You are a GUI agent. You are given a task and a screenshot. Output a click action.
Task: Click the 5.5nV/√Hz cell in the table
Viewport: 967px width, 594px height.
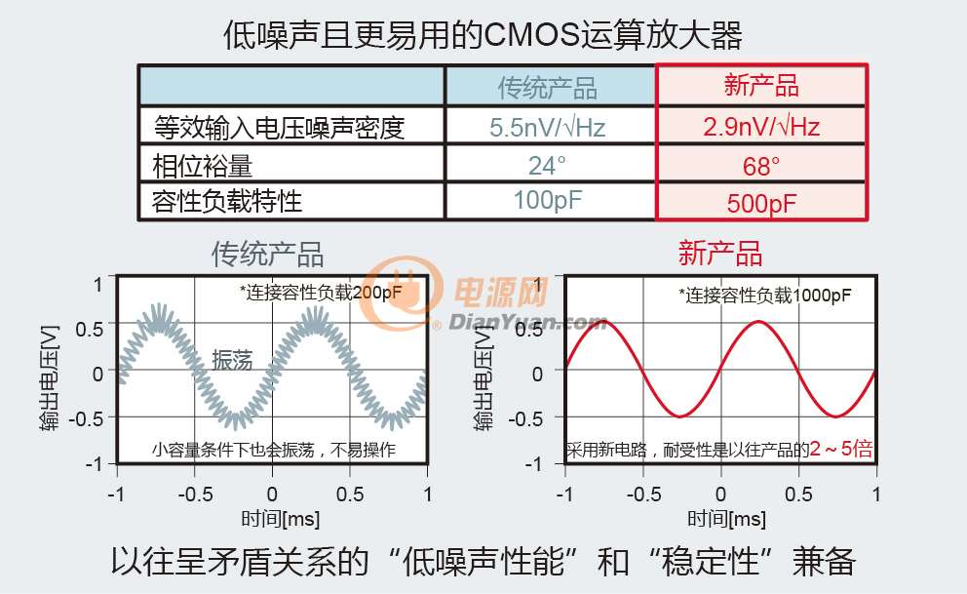[548, 127]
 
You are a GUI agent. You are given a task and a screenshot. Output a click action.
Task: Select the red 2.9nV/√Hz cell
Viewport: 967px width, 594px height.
[761, 127]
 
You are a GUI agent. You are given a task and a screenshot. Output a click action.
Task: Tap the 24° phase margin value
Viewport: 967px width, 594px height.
[547, 165]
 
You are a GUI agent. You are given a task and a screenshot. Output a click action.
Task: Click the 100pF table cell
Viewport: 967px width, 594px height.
[548, 200]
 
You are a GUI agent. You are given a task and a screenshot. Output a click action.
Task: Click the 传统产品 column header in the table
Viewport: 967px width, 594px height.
[548, 88]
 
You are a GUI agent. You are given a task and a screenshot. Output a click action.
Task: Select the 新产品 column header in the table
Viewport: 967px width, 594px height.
[761, 85]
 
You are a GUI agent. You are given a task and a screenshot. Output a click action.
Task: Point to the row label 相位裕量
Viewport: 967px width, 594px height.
[203, 166]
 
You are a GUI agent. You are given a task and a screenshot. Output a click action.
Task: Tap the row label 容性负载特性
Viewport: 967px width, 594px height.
[227, 201]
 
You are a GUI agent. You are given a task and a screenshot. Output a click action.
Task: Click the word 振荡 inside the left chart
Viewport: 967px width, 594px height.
[233, 360]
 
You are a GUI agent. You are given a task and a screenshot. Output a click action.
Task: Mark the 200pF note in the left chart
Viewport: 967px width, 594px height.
[321, 293]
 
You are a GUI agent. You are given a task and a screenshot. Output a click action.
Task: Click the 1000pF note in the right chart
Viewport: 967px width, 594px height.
[764, 296]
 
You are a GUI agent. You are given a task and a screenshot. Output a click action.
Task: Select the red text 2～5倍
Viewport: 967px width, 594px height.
[841, 449]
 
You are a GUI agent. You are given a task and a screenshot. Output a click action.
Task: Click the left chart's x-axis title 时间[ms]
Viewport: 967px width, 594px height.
[281, 519]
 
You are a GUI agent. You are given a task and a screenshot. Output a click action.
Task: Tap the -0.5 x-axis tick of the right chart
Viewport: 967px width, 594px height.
[643, 495]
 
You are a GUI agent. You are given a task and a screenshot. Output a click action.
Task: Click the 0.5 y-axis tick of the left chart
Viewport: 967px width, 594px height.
[90, 329]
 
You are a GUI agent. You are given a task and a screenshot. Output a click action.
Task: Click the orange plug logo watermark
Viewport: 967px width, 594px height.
[401, 293]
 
